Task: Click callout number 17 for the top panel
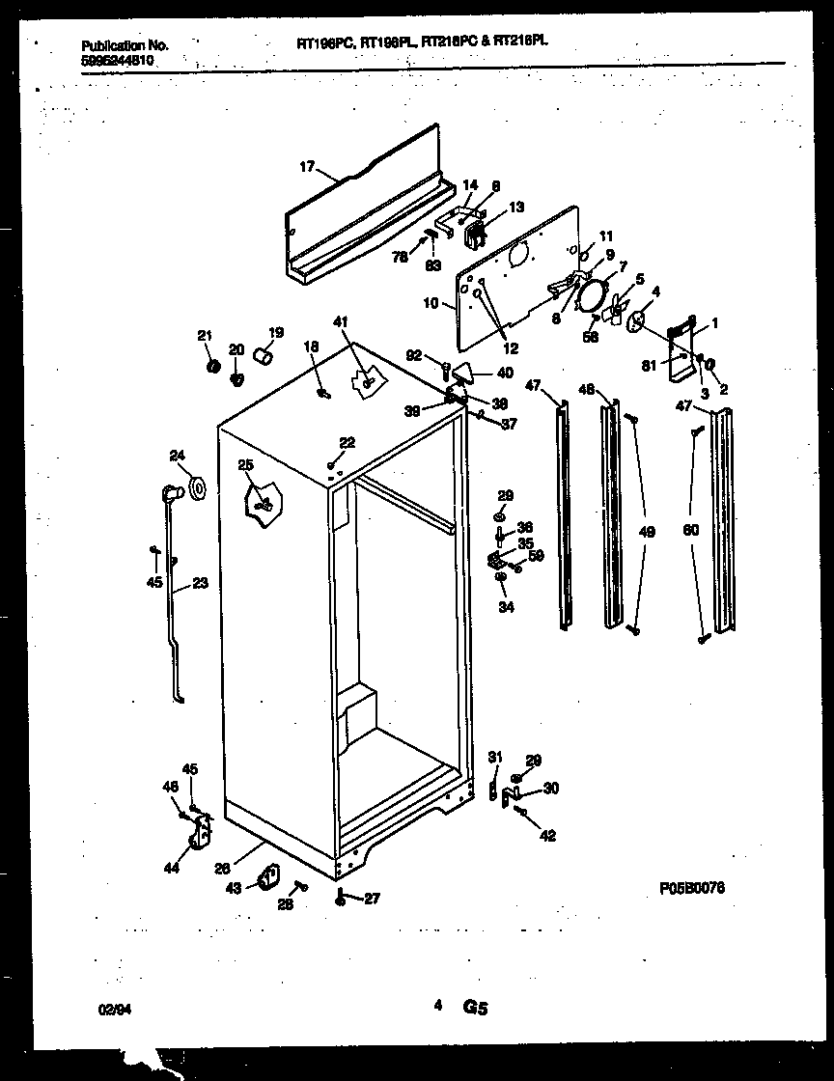point(306,167)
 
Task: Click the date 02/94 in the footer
point(113,1008)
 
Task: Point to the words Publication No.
point(125,45)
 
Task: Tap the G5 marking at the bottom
point(475,1008)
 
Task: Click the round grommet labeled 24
point(198,488)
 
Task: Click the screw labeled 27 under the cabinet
point(342,900)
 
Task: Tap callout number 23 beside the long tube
point(201,582)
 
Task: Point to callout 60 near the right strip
point(689,530)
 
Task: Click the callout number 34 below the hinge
point(507,607)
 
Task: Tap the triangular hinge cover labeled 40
point(466,371)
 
